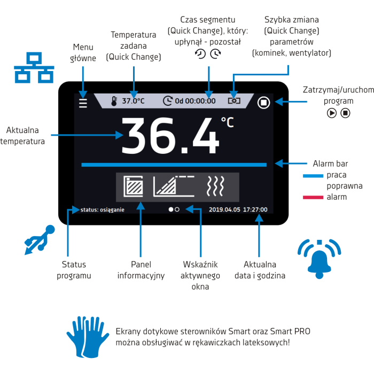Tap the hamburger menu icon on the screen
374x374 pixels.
pos(83,103)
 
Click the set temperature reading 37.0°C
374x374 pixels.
pos(134,101)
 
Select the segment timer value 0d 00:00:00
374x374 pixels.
pos(196,101)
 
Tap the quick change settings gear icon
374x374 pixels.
pos(234,100)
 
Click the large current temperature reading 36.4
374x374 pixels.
pos(170,136)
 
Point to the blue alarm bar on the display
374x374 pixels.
pos(174,165)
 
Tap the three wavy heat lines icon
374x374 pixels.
pos(215,186)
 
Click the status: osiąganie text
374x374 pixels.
pos(103,209)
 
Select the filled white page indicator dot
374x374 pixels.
pos(171,209)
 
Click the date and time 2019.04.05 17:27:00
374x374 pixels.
pos(238,209)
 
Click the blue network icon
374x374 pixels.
pos(34,67)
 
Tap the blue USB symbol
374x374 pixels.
pos(40,240)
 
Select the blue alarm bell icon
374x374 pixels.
pos(319,259)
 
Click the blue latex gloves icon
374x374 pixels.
pos(88,337)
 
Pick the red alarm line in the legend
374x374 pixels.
pos(313,197)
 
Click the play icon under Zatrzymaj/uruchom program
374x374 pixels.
pos(332,113)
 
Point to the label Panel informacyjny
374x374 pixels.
pos(141,270)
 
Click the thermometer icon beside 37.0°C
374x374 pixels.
pos(114,101)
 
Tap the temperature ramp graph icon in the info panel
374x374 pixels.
pos(174,186)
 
